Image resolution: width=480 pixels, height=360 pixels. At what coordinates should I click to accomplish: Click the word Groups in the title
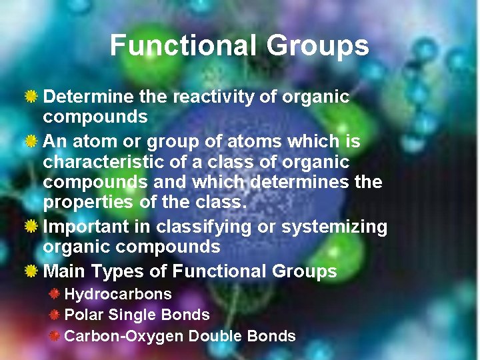317,45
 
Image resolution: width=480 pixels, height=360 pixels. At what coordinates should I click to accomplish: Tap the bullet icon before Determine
31,97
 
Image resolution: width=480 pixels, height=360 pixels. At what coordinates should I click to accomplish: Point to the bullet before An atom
31,142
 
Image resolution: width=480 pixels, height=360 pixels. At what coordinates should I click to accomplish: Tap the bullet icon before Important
31,227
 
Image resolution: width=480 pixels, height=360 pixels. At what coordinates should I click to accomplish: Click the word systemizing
334,227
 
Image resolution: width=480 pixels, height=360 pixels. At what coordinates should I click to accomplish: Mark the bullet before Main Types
31,271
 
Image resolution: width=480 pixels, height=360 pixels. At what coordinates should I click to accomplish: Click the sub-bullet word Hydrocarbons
118,294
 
